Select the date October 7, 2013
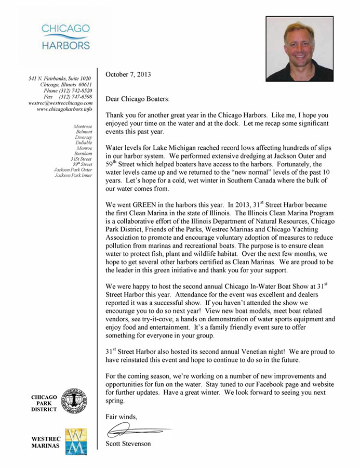click(128, 74)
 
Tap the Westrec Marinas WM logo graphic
click(75, 441)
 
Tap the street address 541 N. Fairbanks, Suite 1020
click(60, 78)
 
